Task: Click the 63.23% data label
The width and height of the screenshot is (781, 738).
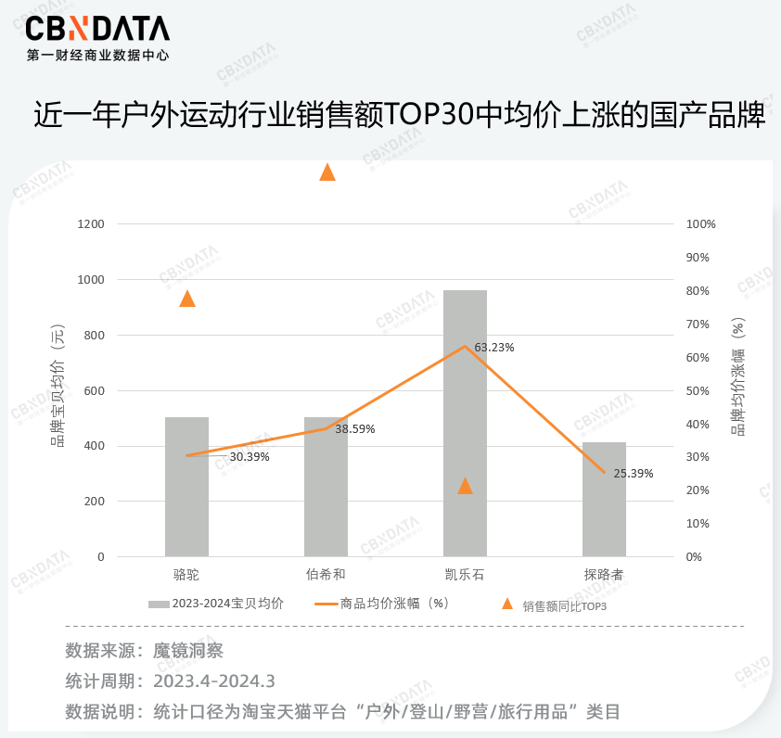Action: point(494,348)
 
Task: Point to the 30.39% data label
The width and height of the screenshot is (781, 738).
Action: point(250,457)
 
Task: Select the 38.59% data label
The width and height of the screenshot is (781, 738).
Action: point(355,429)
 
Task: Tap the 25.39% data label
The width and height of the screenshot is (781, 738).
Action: point(634,474)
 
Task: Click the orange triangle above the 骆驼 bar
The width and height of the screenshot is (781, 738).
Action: point(187,299)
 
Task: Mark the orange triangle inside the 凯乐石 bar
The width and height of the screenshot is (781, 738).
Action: point(466,486)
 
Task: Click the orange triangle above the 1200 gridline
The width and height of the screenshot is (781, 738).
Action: point(327,172)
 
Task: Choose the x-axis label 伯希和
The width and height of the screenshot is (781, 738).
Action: point(326,576)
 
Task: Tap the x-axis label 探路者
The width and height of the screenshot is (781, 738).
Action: point(604,576)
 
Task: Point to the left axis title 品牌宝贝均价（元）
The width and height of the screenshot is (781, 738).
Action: point(58,389)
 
